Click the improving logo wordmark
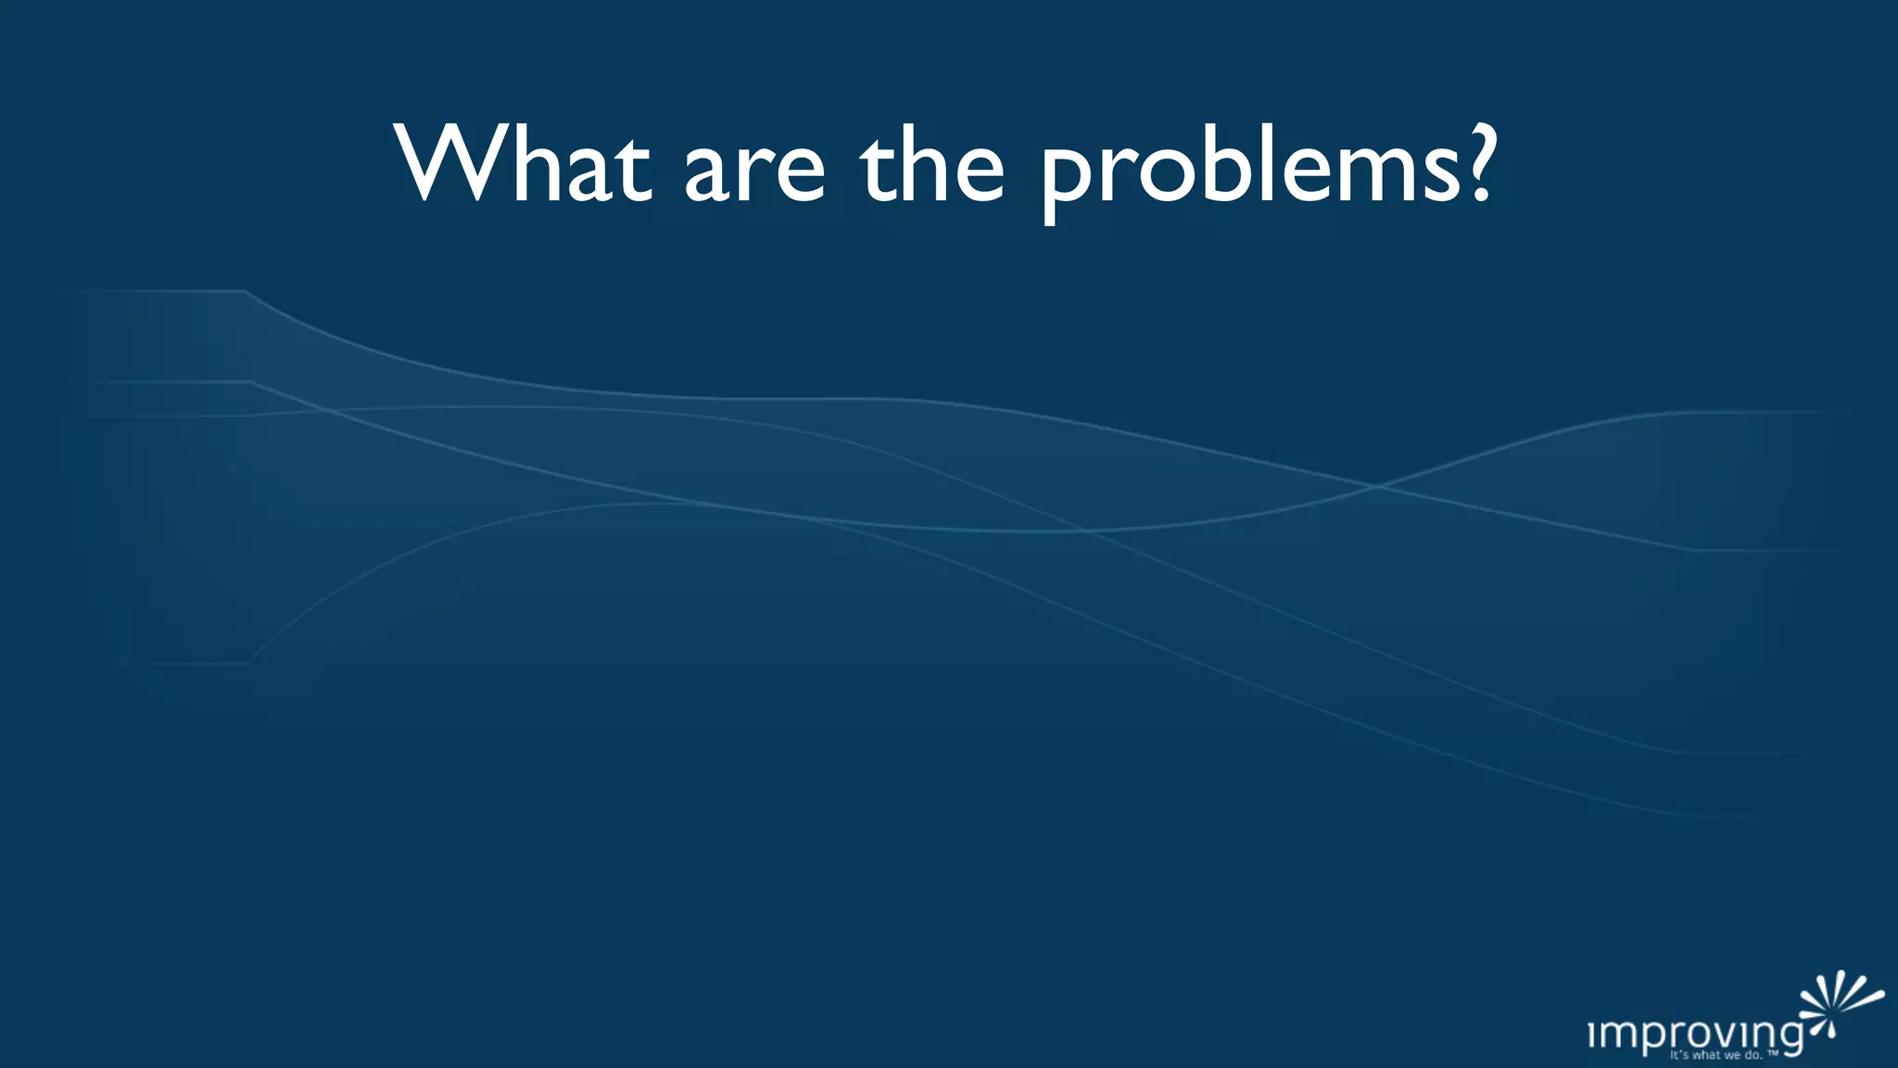pyautogui.click(x=1695, y=1035)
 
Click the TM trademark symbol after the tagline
pyautogui.click(x=1772, y=1053)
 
